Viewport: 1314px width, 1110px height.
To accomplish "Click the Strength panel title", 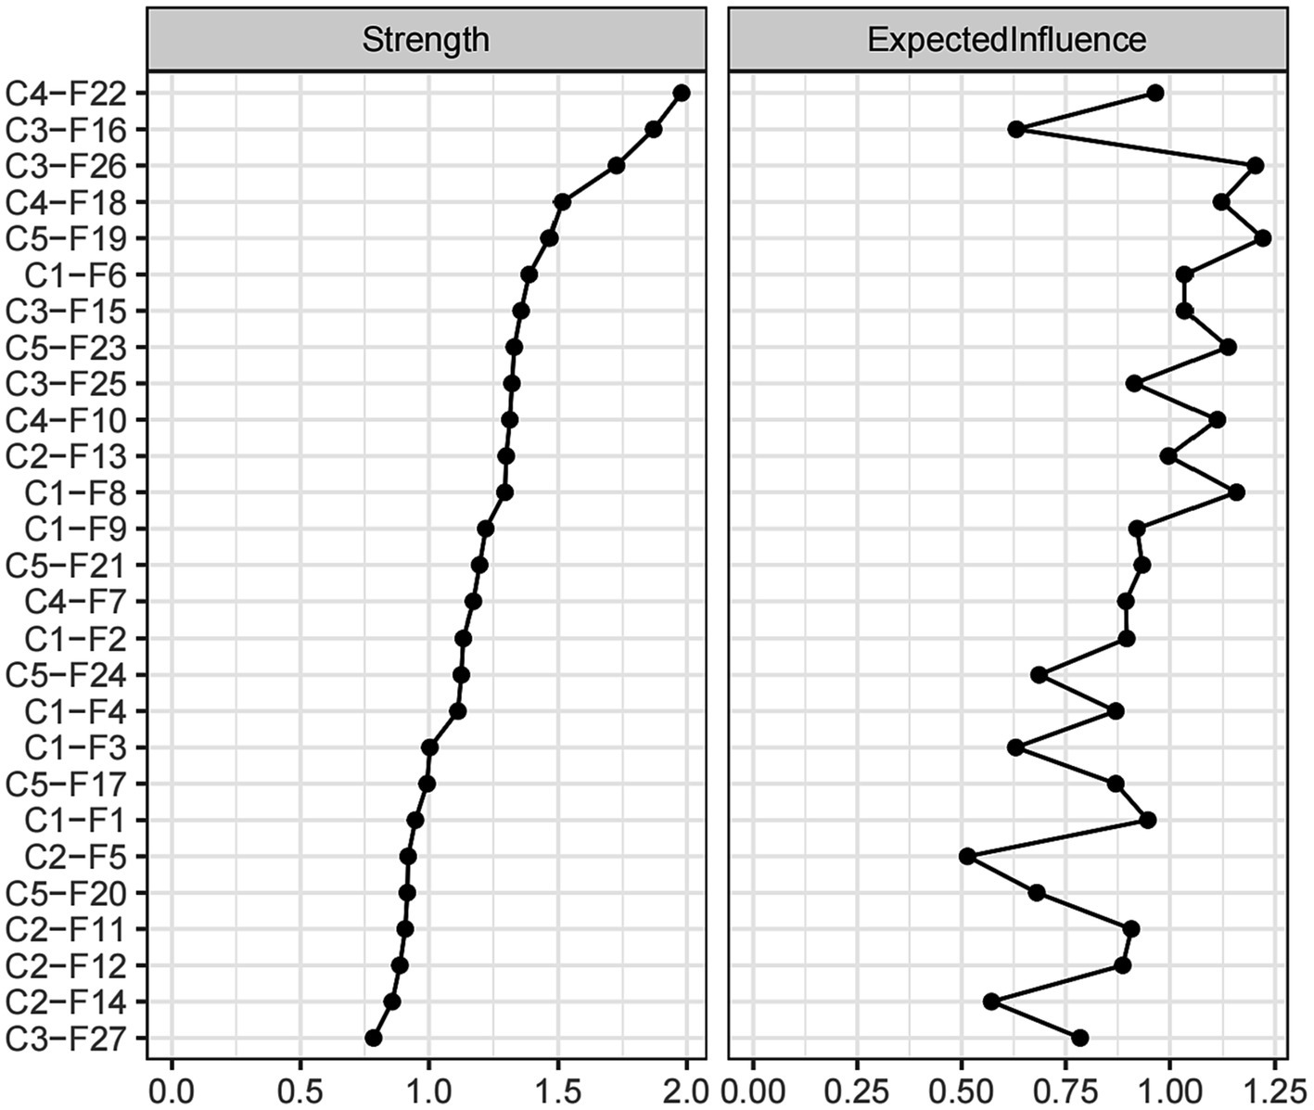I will (426, 40).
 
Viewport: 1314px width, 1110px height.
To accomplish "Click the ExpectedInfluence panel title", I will (1006, 40).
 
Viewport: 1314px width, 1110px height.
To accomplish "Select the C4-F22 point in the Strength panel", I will (682, 93).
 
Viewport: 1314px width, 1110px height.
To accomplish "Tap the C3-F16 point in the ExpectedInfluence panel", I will (1016, 129).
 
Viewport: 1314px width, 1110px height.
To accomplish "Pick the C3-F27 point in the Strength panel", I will (374, 1038).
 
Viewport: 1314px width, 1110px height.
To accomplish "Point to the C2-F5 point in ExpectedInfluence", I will (967, 856).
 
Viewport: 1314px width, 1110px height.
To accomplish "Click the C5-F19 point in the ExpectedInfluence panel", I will (1262, 238).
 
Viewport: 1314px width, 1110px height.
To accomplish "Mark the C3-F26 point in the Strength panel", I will (617, 166).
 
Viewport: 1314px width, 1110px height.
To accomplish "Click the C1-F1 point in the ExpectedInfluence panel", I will (1147, 820).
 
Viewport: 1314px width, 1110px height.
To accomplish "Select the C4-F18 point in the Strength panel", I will (562, 202).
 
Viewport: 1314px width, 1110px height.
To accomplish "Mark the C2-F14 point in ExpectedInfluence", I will (991, 1002).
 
